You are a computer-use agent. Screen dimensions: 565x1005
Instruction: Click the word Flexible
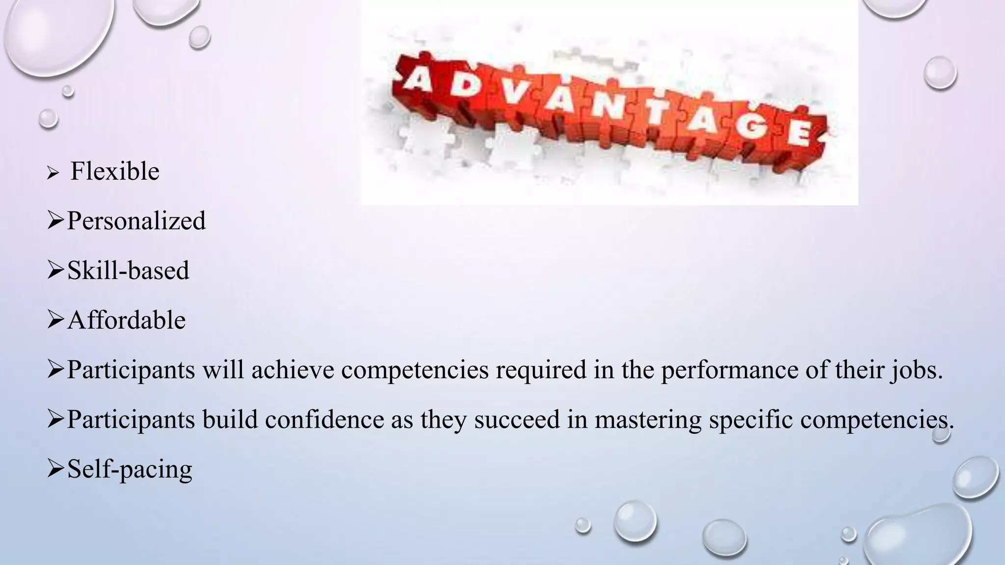[x=115, y=172]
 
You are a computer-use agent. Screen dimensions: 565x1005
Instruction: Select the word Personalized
[x=136, y=221]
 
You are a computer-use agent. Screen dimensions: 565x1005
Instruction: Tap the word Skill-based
[x=128, y=270]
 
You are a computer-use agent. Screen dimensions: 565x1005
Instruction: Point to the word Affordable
[x=126, y=320]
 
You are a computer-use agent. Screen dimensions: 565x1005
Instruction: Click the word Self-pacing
[x=130, y=469]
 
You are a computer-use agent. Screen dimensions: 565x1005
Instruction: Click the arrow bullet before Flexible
[x=53, y=173]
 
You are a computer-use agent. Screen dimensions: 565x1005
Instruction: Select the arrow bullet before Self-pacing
[x=56, y=469]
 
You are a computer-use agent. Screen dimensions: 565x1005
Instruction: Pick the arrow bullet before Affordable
[x=56, y=320]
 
